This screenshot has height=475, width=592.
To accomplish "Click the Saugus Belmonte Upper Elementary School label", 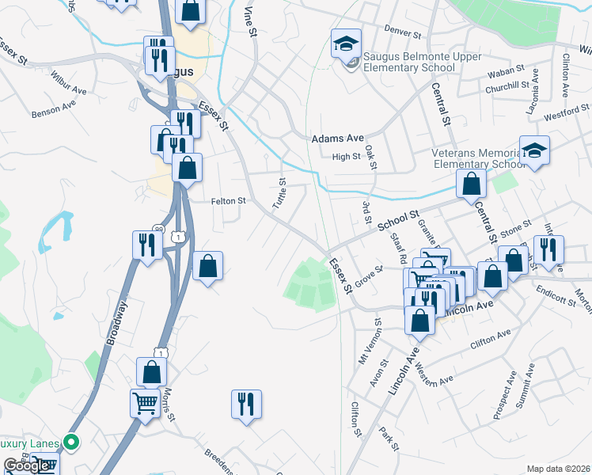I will coord(409,63).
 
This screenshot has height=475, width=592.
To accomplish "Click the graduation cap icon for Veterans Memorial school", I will coord(534,150).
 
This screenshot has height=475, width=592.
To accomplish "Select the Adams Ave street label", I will coord(337,139).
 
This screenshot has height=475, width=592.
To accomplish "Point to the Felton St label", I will coord(229,201).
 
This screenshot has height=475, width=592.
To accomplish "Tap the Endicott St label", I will coord(555,299).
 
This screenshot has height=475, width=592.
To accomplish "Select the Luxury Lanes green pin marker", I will coord(72,443).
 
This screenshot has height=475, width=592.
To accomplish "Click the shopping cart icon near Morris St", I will coord(145,402).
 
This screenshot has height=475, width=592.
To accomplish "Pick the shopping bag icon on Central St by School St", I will coord(471,184).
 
